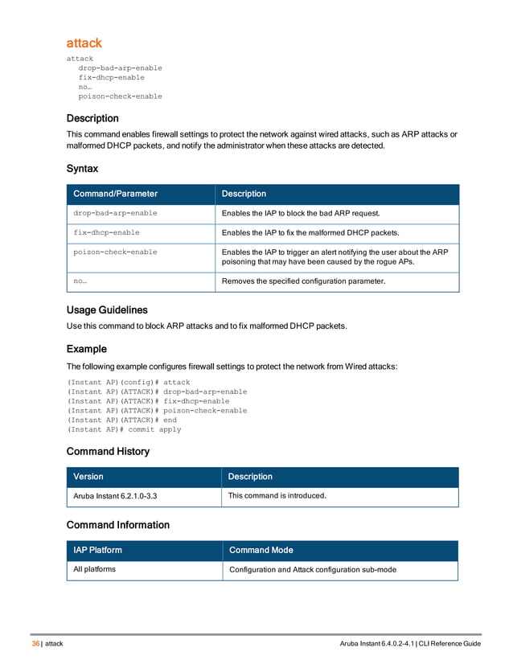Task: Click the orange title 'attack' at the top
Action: pyautogui.click(x=84, y=43)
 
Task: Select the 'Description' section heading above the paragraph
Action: pyautogui.click(x=92, y=118)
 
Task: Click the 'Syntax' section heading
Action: pyautogui.click(x=82, y=169)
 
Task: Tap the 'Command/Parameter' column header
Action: pyautogui.click(x=115, y=194)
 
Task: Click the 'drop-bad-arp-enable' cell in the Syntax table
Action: pyautogui.click(x=115, y=213)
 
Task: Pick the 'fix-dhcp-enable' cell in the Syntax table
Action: pyautogui.click(x=106, y=232)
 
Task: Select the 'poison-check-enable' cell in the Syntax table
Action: pyautogui.click(x=115, y=252)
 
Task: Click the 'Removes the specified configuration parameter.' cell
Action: pyautogui.click(x=303, y=281)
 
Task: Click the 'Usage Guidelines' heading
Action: pyautogui.click(x=106, y=309)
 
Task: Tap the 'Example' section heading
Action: pyautogui.click(x=86, y=349)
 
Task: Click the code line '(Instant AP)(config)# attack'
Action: pyautogui.click(x=129, y=382)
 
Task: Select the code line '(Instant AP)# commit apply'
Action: pyautogui.click(x=124, y=429)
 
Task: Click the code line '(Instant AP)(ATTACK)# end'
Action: pyautogui.click(x=121, y=420)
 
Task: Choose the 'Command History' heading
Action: pyautogui.click(x=108, y=451)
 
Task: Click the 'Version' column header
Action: pyautogui.click(x=88, y=477)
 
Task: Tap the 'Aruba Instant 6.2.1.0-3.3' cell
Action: pyautogui.click(x=115, y=496)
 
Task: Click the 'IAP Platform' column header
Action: pyautogui.click(x=98, y=551)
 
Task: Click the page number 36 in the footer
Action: pyautogui.click(x=35, y=645)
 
